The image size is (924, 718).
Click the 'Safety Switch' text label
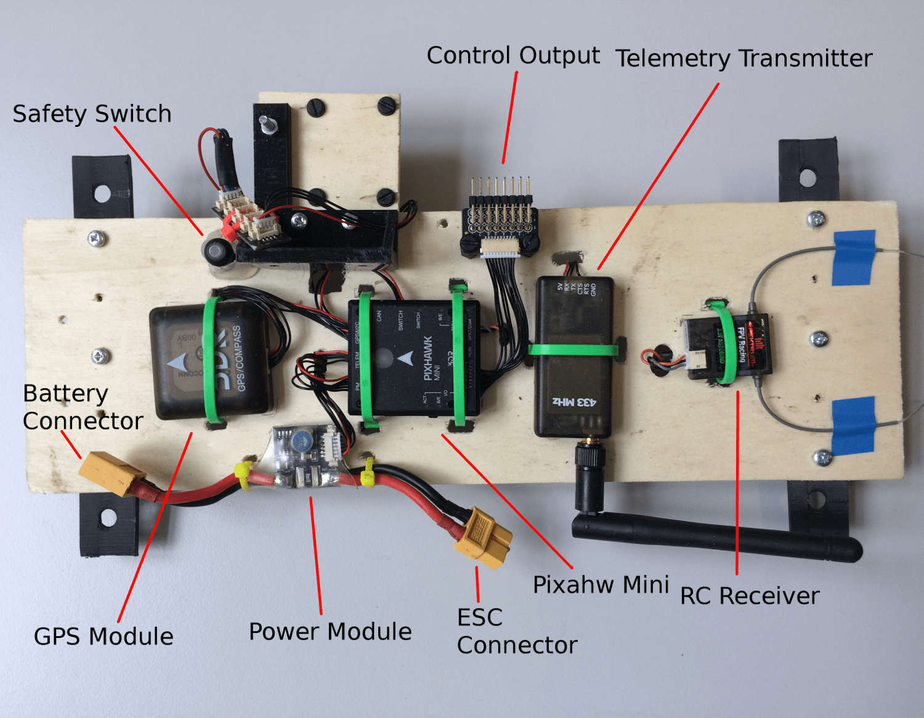(x=92, y=114)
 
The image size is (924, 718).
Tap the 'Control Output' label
(x=513, y=55)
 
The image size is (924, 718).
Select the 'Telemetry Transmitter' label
(x=744, y=58)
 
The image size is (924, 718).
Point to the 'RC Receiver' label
(x=750, y=596)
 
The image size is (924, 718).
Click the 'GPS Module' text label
(x=103, y=636)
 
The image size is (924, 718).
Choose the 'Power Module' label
(x=330, y=632)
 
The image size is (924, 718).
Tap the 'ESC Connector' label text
(x=516, y=631)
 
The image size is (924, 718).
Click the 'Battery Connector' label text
(x=83, y=407)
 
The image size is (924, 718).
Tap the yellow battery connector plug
(x=111, y=472)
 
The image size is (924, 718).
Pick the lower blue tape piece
(x=854, y=424)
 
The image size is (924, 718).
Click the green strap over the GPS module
(x=214, y=360)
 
